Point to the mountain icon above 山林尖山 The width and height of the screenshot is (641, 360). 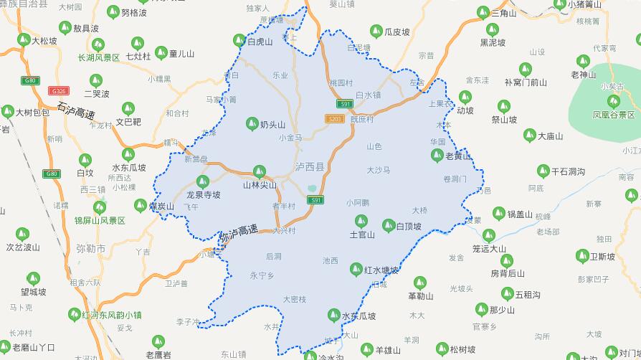(x=260, y=171)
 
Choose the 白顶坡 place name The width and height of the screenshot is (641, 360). (x=409, y=227)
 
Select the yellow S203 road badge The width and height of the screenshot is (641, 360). (x=333, y=118)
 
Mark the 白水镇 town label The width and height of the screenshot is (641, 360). (x=368, y=95)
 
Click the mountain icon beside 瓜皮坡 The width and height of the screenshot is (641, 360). (x=376, y=31)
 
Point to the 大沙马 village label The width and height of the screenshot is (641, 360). (x=378, y=170)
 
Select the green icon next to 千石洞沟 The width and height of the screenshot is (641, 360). (x=543, y=171)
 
